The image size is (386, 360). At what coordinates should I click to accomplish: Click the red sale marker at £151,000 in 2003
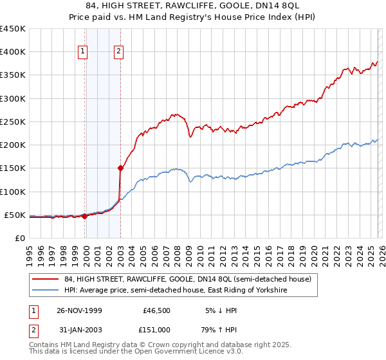(120, 168)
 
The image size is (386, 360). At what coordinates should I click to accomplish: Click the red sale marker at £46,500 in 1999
(84, 217)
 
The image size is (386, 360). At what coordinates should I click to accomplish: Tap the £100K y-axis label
(13, 192)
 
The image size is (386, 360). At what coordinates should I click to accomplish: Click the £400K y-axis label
(13, 52)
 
